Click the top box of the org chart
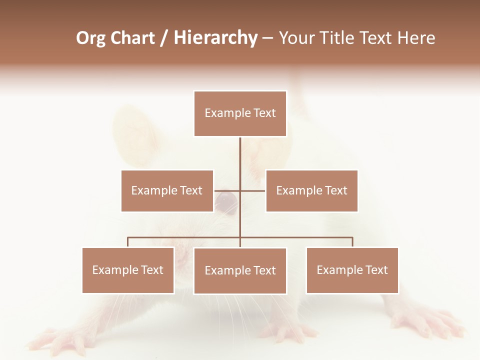(x=240, y=113)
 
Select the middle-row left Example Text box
(x=167, y=190)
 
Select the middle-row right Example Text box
(x=311, y=190)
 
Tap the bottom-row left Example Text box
(x=128, y=270)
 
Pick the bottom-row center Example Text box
(x=240, y=270)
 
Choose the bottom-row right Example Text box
(x=352, y=270)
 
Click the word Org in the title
(x=90, y=38)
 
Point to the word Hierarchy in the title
(x=215, y=38)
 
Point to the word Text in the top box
(x=264, y=113)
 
